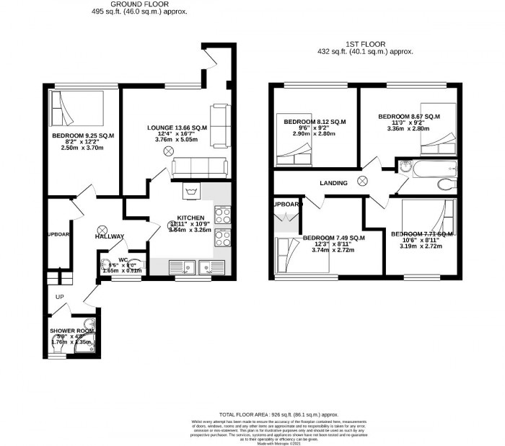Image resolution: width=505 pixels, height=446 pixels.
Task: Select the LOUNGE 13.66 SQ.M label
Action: (x=177, y=128)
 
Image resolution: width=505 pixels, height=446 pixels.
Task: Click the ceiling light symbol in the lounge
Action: (x=168, y=151)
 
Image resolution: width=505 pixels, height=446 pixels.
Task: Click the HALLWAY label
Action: (x=108, y=237)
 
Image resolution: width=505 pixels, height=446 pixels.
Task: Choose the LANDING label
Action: (x=333, y=183)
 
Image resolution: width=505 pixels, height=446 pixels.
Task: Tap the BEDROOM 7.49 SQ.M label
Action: (x=333, y=238)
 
